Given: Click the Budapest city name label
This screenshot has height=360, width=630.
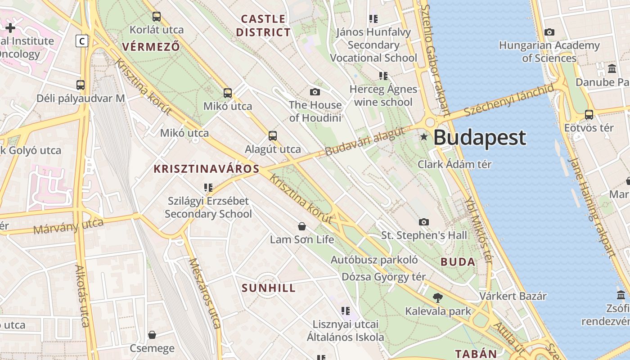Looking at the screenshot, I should tap(480, 138).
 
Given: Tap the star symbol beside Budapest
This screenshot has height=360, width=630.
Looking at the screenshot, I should tap(423, 136).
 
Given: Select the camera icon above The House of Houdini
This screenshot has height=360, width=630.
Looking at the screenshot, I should tap(315, 92).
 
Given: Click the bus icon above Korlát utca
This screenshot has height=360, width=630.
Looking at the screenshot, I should tap(157, 17).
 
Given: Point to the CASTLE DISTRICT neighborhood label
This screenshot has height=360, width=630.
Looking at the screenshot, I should tap(264, 26).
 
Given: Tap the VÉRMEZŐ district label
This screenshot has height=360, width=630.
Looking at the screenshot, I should tap(151, 46).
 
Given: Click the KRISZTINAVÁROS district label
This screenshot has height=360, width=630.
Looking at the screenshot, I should tap(207, 169).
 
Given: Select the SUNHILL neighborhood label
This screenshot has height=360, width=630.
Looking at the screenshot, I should tap(269, 288).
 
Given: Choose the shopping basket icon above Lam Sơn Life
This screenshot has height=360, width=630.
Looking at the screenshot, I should tap(302, 226).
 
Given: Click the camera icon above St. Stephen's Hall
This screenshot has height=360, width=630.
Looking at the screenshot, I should tap(424, 222).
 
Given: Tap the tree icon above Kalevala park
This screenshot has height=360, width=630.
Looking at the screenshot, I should tap(437, 297).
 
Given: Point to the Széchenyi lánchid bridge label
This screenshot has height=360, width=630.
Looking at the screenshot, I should tap(509, 100).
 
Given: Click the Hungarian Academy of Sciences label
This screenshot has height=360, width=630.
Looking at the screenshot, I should tap(549, 52).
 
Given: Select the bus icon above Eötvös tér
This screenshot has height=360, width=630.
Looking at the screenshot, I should tap(589, 114).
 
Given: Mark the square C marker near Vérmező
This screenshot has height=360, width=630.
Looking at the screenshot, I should tap(81, 41).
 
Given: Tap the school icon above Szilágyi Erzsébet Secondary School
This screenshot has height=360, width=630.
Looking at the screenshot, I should tap(208, 187).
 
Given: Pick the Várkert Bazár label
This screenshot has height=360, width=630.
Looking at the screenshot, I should tap(513, 296).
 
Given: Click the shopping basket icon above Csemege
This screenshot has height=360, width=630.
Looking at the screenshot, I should tap(152, 335).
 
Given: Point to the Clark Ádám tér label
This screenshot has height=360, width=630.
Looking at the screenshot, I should tap(454, 164).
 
